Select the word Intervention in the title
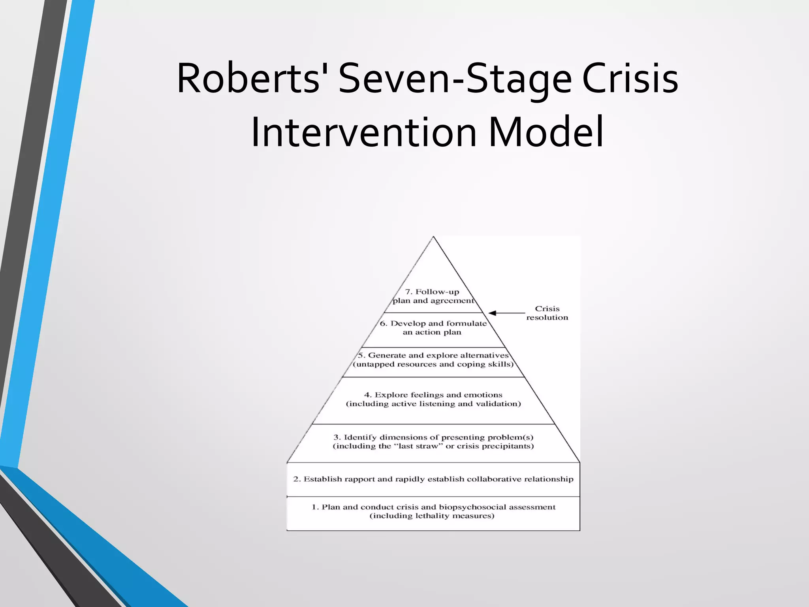click(x=363, y=132)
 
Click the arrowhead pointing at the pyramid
click(x=493, y=313)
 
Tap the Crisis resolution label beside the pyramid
click(x=547, y=313)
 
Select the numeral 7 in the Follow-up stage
click(x=408, y=292)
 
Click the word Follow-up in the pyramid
click(x=437, y=292)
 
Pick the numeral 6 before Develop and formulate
click(x=383, y=324)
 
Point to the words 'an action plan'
click(x=432, y=332)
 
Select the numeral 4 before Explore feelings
click(x=367, y=395)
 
